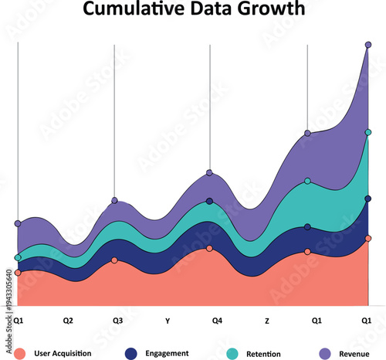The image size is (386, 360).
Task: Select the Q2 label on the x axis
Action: click(68, 320)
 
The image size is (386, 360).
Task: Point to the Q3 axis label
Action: click(117, 320)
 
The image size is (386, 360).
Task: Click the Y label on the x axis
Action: click(168, 320)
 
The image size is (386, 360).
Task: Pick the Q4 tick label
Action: click(218, 320)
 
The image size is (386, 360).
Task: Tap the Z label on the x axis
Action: click(267, 320)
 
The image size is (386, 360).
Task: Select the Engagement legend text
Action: click(167, 353)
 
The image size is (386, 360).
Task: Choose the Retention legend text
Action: click(263, 353)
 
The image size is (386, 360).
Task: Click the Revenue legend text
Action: click(354, 353)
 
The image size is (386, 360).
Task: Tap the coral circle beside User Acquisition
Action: click(21, 353)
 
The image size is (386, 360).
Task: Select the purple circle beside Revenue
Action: click(325, 353)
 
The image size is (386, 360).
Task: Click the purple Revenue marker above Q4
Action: click(209, 173)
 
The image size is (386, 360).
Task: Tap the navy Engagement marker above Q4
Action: click(209, 202)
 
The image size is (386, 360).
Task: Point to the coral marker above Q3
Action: click(114, 260)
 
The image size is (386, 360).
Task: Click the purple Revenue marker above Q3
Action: click(114, 201)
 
